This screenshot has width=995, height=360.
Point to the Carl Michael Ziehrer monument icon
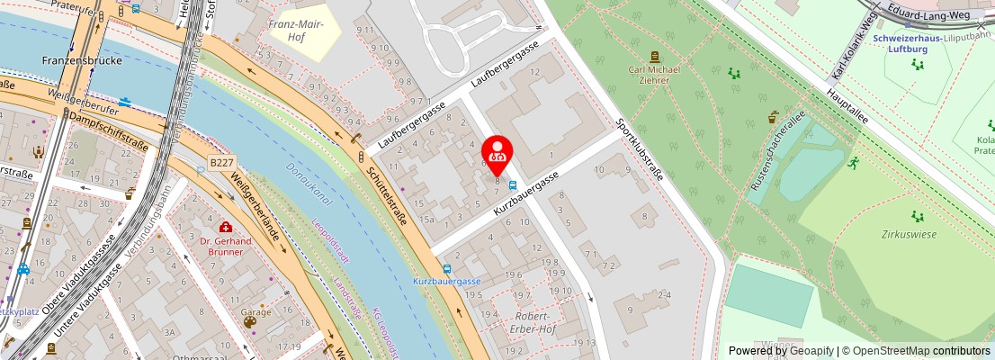[x=654, y=56]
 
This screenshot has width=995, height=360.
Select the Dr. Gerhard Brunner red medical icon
[x=226, y=227]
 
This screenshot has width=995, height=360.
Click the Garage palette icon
[x=249, y=321]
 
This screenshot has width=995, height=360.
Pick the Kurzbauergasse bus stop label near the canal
[x=447, y=281]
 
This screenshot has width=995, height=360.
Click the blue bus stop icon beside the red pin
[x=512, y=184]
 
